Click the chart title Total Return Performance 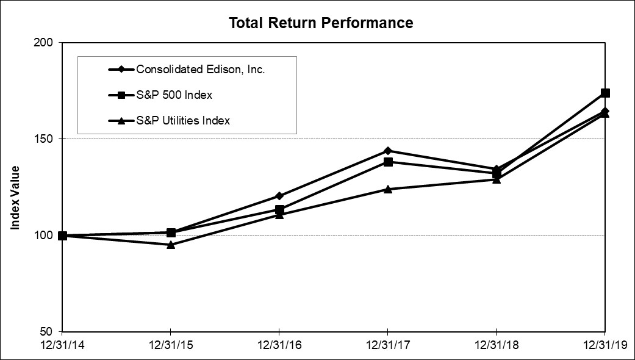[320, 23]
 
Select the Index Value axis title [15, 198]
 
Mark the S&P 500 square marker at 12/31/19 [605, 93]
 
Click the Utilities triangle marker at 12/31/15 [171, 245]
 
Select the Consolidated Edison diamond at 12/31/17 [388, 151]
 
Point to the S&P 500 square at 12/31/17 [388, 162]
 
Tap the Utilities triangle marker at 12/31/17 [388, 189]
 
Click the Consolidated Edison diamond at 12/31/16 [279, 196]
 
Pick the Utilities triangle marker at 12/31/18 [497, 179]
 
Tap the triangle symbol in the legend [121, 121]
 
